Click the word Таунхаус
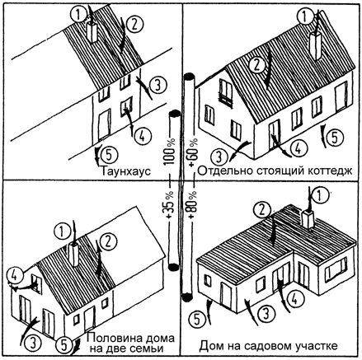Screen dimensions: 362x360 [126, 171]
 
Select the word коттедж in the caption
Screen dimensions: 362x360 [329, 171]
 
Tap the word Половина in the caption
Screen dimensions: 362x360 [112, 338]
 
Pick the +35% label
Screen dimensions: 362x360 [170, 204]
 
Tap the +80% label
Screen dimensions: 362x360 [193, 204]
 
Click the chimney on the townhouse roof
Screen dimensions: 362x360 [92, 32]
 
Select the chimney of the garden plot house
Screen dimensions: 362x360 [308, 219]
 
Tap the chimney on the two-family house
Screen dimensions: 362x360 [74, 255]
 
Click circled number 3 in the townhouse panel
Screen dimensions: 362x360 [157, 85]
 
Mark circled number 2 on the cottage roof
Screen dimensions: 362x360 [256, 65]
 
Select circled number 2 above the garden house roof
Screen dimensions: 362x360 [262, 211]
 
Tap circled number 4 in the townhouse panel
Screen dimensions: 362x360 [141, 136]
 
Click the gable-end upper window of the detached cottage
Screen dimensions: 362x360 [226, 92]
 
